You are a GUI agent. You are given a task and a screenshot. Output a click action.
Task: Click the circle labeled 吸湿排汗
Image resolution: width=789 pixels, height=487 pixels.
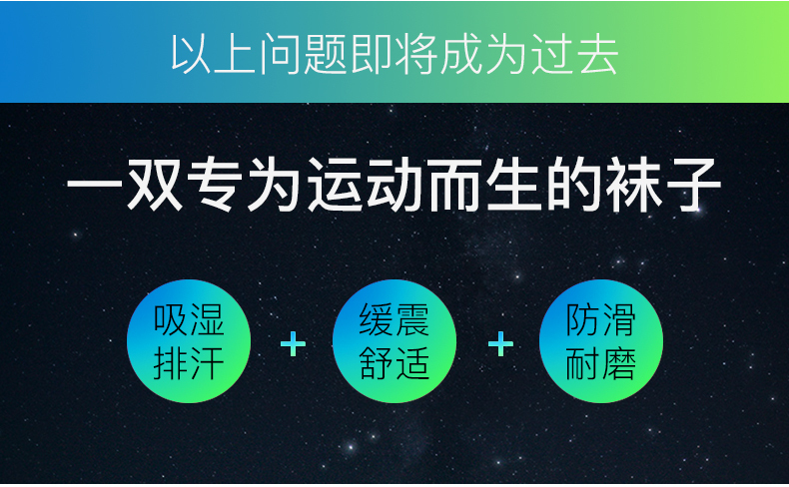click(x=189, y=341)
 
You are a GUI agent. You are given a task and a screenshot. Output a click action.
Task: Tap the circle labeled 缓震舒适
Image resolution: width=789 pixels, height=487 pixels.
click(x=394, y=341)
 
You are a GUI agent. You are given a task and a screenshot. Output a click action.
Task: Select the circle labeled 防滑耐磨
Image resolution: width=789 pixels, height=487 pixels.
click(x=601, y=341)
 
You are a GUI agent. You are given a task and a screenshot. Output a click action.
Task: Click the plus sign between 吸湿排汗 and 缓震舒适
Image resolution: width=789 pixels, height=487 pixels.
click(x=293, y=344)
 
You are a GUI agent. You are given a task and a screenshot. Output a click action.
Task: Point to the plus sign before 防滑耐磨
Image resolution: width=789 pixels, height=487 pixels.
click(x=500, y=344)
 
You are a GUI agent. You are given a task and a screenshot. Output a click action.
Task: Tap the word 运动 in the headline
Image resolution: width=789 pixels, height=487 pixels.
click(x=366, y=185)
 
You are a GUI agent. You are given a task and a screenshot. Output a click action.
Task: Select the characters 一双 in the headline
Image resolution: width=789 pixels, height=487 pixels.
click(x=124, y=185)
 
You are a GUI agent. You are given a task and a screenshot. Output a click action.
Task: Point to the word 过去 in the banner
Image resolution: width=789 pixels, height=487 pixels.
click(x=574, y=54)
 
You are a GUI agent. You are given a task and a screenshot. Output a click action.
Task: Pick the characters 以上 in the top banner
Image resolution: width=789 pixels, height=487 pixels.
click(x=213, y=54)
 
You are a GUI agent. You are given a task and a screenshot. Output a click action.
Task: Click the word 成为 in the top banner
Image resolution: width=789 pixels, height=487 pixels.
click(x=484, y=54)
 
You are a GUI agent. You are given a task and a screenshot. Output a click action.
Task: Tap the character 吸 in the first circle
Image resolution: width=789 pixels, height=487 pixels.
click(x=171, y=320)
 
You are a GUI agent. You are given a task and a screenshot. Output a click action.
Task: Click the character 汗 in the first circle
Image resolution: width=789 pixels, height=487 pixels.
click(x=207, y=363)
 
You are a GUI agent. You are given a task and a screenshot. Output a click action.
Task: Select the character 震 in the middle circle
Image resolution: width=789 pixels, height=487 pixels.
click(x=412, y=320)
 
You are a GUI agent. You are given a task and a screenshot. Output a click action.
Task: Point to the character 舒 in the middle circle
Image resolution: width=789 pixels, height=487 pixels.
click(x=377, y=363)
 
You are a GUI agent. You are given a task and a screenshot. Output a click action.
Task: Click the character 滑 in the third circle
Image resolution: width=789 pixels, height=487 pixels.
click(x=618, y=320)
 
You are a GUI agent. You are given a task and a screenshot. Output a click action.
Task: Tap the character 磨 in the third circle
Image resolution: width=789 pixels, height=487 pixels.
click(x=618, y=363)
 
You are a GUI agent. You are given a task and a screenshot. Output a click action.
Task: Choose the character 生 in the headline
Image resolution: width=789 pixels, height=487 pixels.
click(x=514, y=185)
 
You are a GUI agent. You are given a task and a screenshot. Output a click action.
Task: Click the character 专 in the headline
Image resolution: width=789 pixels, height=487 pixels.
click(x=217, y=185)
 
